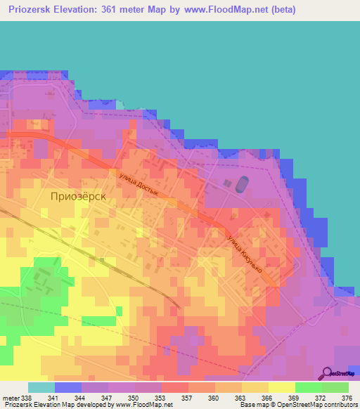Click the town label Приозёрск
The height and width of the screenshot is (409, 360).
coord(78,197)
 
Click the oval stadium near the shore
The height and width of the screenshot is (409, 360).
coord(240,185)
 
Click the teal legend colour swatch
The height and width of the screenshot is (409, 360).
coord(41,387)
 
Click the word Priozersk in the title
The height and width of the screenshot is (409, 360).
coord(32,10)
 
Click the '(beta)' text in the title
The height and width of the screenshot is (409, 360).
coord(281,10)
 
